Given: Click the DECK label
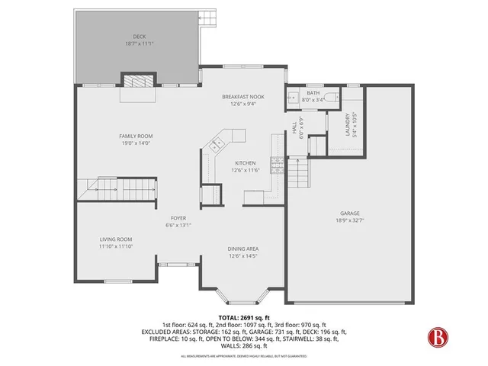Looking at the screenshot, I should tap(139, 36).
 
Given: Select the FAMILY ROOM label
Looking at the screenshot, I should tap(136, 136).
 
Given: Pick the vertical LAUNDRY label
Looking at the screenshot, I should tap(348, 122).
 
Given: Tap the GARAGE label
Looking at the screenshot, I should tap(350, 213).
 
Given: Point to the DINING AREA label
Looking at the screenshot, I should tap(242, 249).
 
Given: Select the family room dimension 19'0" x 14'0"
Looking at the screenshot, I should tap(136, 143).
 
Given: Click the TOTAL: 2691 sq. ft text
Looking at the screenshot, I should tap(243, 317).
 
